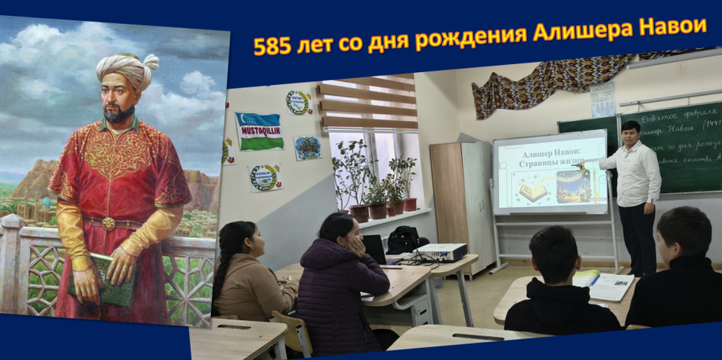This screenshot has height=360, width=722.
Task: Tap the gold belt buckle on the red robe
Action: (108, 223)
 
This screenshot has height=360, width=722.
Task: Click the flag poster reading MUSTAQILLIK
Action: (258, 131)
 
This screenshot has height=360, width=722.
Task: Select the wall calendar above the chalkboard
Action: (602, 99)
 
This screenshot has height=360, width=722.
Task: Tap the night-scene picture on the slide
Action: (574, 185)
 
